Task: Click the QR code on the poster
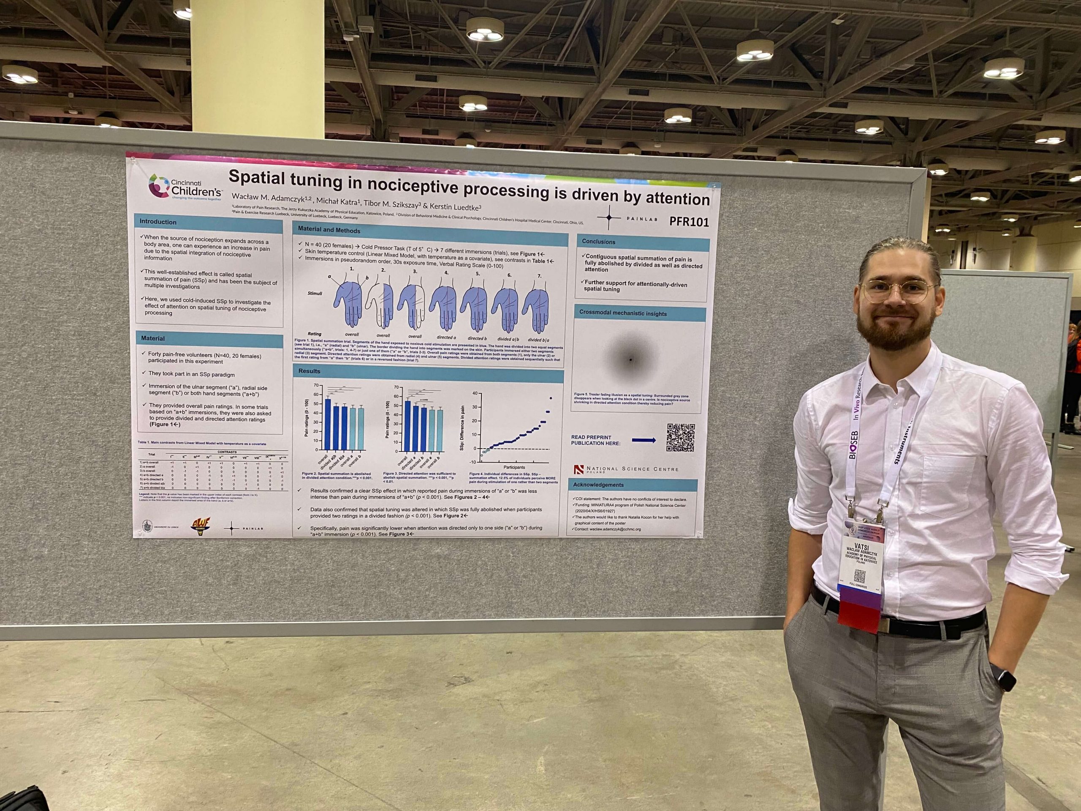pyautogui.click(x=680, y=438)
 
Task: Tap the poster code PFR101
pyautogui.click(x=689, y=221)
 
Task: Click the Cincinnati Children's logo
pyautogui.click(x=185, y=187)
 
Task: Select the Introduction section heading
pyautogui.click(x=158, y=221)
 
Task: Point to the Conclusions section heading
pyautogui.click(x=598, y=242)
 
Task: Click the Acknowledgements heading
pyautogui.click(x=598, y=485)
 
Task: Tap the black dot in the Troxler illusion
pyautogui.click(x=630, y=360)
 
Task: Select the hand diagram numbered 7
pyautogui.click(x=537, y=308)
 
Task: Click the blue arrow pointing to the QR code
pyautogui.click(x=644, y=441)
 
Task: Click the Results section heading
pyautogui.click(x=310, y=371)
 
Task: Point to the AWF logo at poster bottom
pyautogui.click(x=199, y=526)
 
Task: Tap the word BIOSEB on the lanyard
pyautogui.click(x=853, y=445)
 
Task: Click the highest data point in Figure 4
pyautogui.click(x=550, y=398)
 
